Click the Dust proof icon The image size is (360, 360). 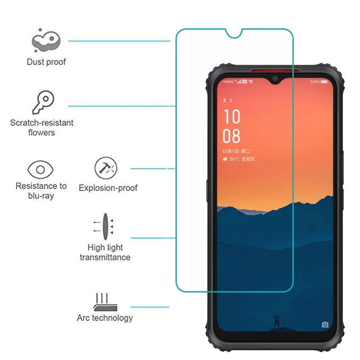tap(46, 41)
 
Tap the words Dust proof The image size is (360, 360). tap(46, 62)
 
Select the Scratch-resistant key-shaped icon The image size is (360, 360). tap(43, 103)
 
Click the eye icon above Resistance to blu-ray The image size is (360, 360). tap(40, 170)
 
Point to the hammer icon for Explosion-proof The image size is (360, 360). tap(106, 168)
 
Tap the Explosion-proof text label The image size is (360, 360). tap(108, 188)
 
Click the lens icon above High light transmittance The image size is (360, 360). tap(104, 226)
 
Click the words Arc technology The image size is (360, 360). tap(105, 318)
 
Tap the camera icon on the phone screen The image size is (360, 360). tap(325, 324)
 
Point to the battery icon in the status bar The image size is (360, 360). tap(324, 82)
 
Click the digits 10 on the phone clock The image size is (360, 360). tap(232, 117)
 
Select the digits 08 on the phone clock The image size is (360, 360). tap(232, 136)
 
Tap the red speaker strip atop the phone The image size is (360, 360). tap(275, 70)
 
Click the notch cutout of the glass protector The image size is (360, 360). tap(234, 34)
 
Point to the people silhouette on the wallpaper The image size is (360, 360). tap(276, 321)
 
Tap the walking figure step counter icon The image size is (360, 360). tap(225, 100)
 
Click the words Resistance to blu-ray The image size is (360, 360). tap(41, 191)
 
